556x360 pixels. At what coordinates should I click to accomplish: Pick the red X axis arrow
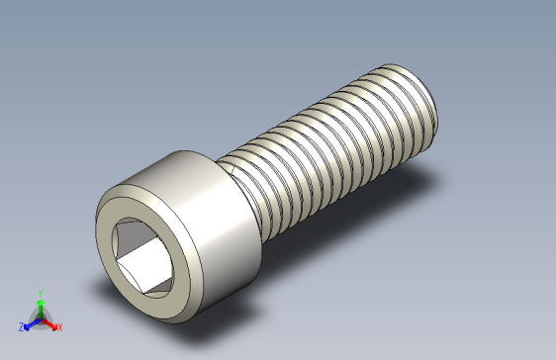point(50,321)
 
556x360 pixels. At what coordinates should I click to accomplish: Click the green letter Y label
point(40,293)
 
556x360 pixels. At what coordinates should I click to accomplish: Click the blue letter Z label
point(21,326)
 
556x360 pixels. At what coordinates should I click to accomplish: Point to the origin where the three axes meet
point(40,316)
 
